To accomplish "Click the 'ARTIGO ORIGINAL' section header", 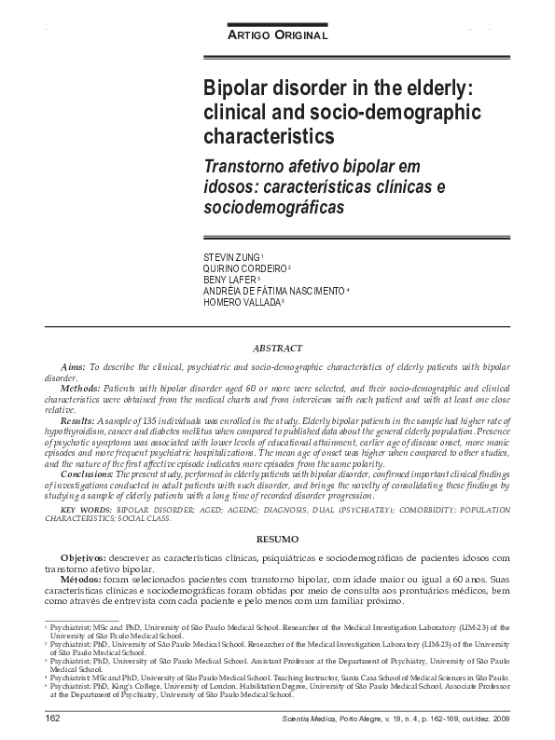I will click(x=278, y=34).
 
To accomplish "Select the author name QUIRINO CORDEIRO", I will click(x=245, y=267).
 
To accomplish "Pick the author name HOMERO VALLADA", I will click(x=241, y=302).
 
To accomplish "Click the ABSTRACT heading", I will click(x=277, y=348).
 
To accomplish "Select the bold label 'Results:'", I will click(x=78, y=422).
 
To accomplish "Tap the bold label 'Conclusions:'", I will click(x=87, y=473).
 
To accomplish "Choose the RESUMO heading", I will click(x=277, y=540).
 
